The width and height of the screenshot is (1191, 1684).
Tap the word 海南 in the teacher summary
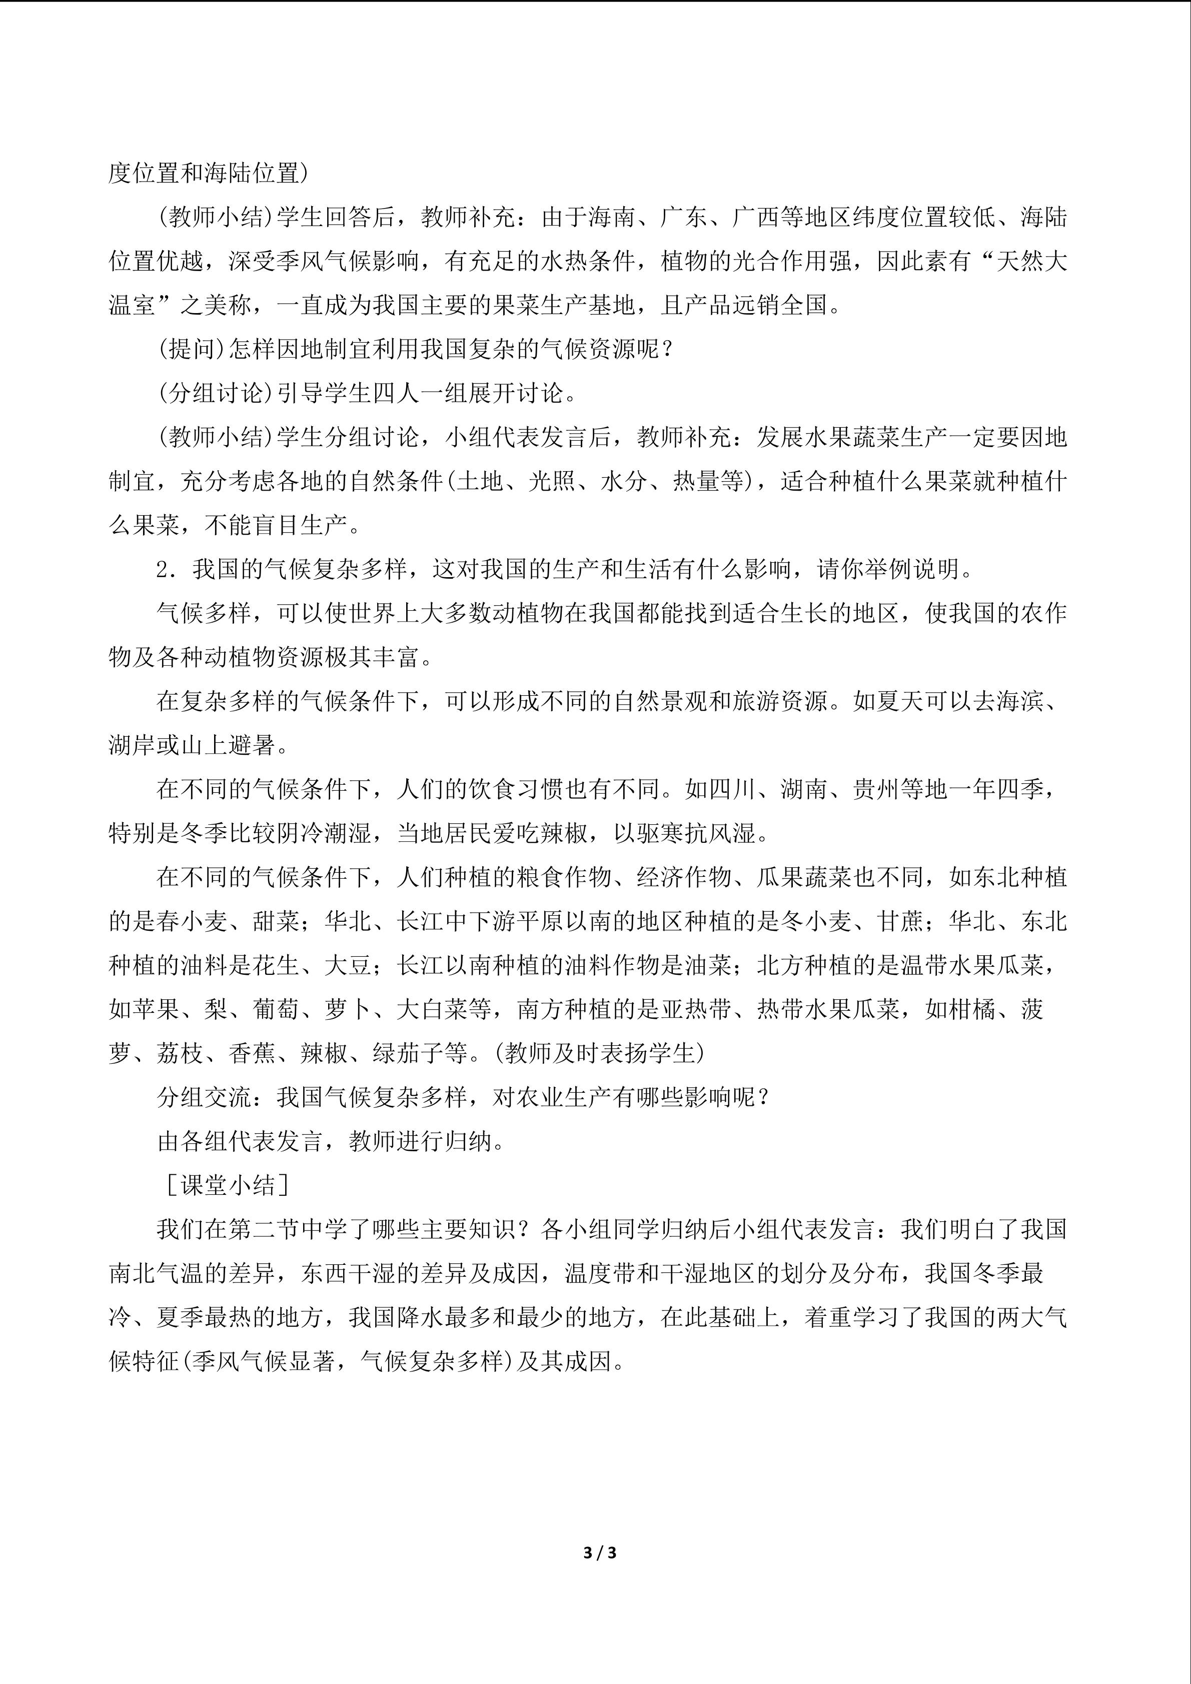[x=614, y=218]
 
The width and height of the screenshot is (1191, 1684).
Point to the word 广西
[x=758, y=218]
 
